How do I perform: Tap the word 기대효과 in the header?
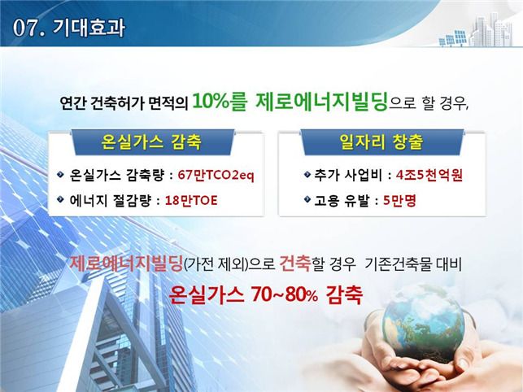click(89, 28)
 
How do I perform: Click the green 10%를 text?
click(220, 101)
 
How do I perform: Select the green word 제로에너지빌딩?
click(321, 101)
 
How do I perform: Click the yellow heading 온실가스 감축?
click(151, 142)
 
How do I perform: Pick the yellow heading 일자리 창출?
click(381, 142)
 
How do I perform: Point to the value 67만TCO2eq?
click(216, 175)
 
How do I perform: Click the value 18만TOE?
click(191, 200)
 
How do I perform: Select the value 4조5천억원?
click(429, 175)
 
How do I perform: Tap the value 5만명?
click(399, 200)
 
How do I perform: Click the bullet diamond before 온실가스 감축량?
click(60, 174)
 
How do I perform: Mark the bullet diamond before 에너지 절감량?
click(60, 199)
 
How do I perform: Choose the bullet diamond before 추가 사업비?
click(307, 174)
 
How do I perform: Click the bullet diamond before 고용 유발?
click(307, 199)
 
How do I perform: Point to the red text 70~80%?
click(285, 294)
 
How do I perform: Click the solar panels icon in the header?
click(452, 38)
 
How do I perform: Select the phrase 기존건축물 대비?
click(413, 264)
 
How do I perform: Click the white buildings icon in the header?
click(490, 29)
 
